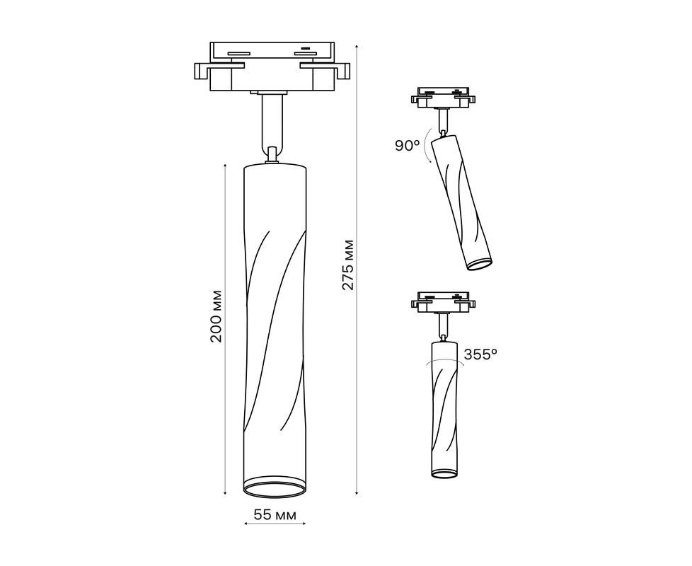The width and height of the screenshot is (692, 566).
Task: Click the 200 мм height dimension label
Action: tap(216, 316)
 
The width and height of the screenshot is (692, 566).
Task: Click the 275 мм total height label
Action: tap(348, 265)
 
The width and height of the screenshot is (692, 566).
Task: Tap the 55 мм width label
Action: tap(275, 515)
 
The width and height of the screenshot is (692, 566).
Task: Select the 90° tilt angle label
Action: tap(407, 145)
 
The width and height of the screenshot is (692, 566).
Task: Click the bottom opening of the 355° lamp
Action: tap(444, 473)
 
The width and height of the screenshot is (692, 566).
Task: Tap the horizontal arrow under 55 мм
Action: tap(275, 524)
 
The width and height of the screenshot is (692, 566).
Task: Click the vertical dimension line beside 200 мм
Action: tap(226, 329)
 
